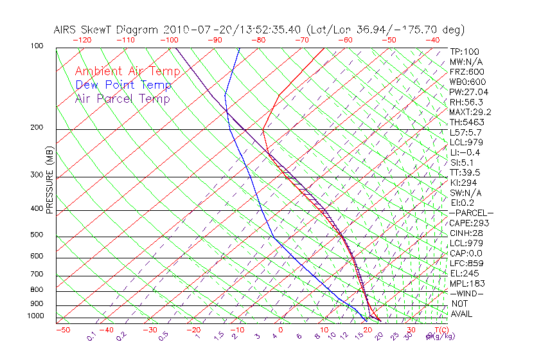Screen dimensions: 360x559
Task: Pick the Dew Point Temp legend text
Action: [x=123, y=85]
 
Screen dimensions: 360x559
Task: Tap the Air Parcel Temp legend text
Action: [x=122, y=98]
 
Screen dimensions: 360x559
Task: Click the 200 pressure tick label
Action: [x=36, y=127]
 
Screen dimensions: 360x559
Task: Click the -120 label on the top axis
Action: [x=82, y=40]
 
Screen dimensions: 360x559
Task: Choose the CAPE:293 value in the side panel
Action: [x=469, y=222]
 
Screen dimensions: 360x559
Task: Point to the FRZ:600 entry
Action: [x=467, y=71]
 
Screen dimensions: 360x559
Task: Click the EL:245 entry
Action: [x=465, y=273]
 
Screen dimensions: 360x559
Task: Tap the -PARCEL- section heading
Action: [x=471, y=213]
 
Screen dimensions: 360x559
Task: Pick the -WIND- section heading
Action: [x=467, y=293]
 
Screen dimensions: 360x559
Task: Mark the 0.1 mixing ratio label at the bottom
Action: [x=91, y=336]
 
